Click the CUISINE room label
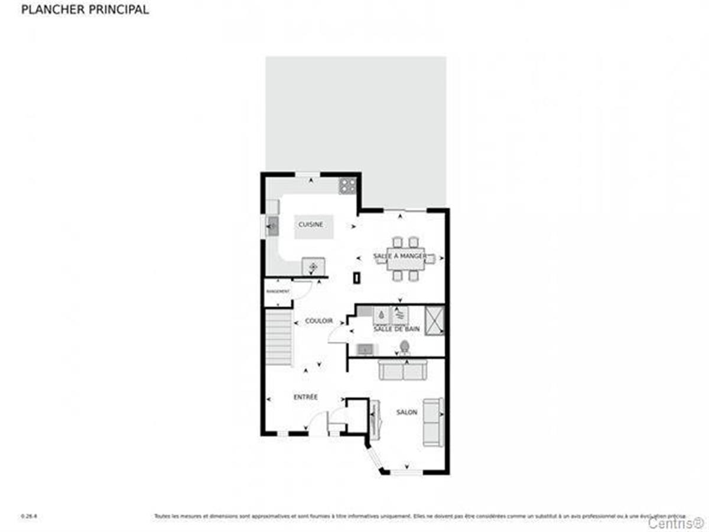tap(310, 225)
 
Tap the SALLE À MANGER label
tap(400, 256)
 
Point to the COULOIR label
tap(318, 321)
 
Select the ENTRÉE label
tap(305, 397)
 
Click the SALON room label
tap(406, 413)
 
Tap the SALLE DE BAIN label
tap(396, 329)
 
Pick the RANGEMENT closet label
tap(277, 292)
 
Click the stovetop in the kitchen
tap(347, 186)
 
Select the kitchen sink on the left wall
tap(272, 225)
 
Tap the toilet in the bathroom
tap(405, 346)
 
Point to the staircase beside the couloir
tap(279, 339)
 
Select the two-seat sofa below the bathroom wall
tap(402, 370)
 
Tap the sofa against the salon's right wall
tap(432, 422)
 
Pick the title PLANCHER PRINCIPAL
tap(85, 10)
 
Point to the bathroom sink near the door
tap(365, 349)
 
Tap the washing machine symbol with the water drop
tap(382, 316)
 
